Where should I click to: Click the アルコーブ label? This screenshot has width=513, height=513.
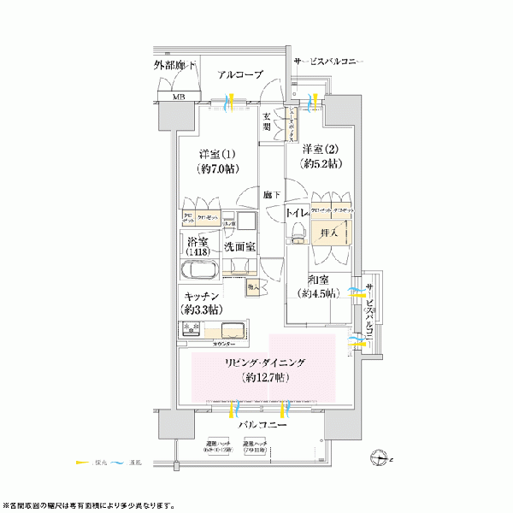pos(239,75)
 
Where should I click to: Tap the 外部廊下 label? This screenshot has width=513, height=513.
pos(176,66)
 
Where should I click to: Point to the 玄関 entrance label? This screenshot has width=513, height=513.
pos(268,121)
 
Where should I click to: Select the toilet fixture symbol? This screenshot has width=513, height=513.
pos(297,231)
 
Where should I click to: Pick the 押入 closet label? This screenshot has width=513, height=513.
pos(327,232)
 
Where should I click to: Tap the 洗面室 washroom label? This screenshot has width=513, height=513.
pos(240,247)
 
